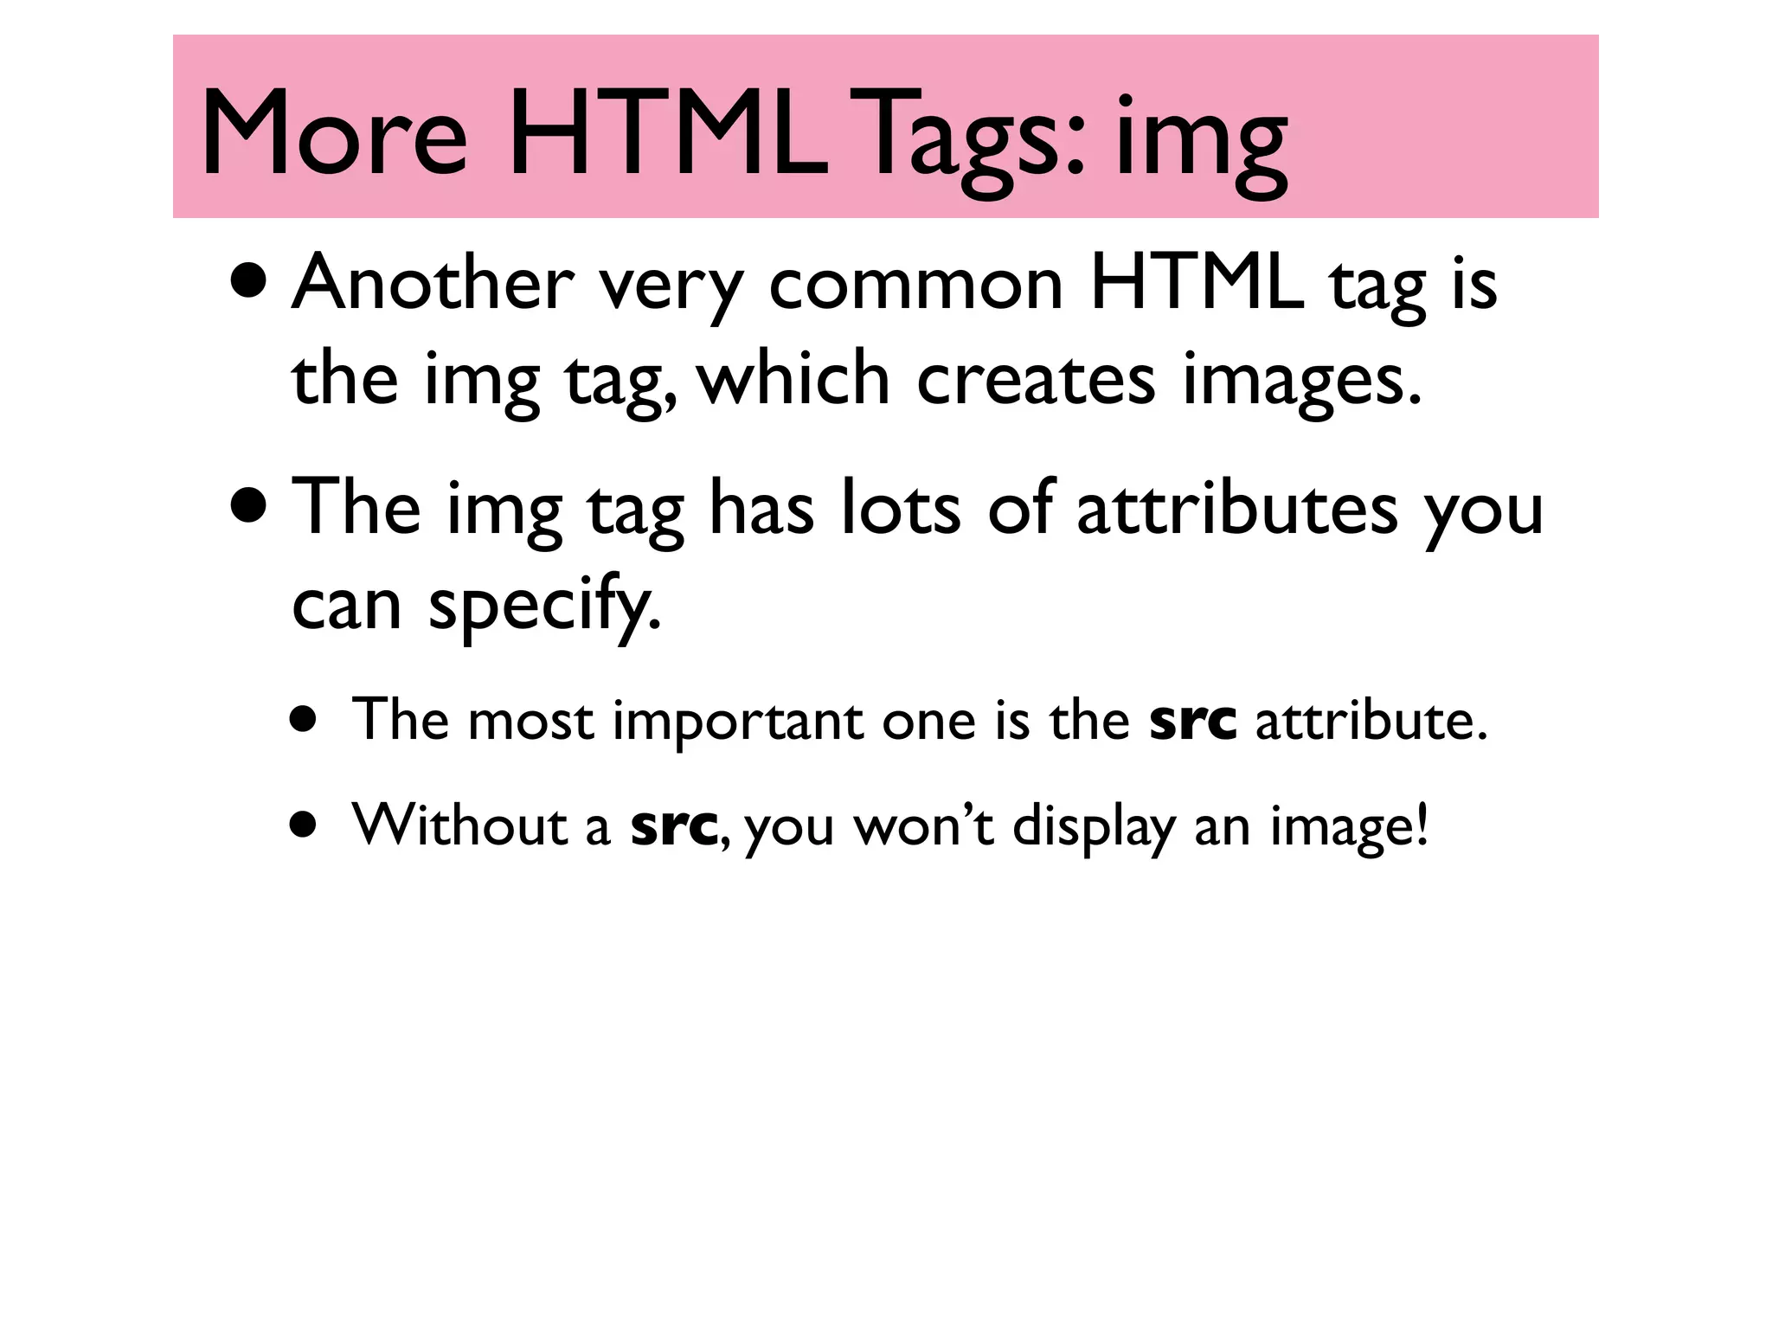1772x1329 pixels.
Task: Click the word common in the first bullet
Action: coord(915,283)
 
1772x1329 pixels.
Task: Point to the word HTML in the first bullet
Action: coord(1197,283)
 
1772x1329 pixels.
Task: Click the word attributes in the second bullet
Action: coord(1236,508)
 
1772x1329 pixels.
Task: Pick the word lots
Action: coord(900,508)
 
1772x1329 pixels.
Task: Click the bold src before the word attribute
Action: coord(1192,721)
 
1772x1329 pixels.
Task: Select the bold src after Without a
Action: coord(674,826)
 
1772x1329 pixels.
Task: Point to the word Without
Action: coord(458,825)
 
